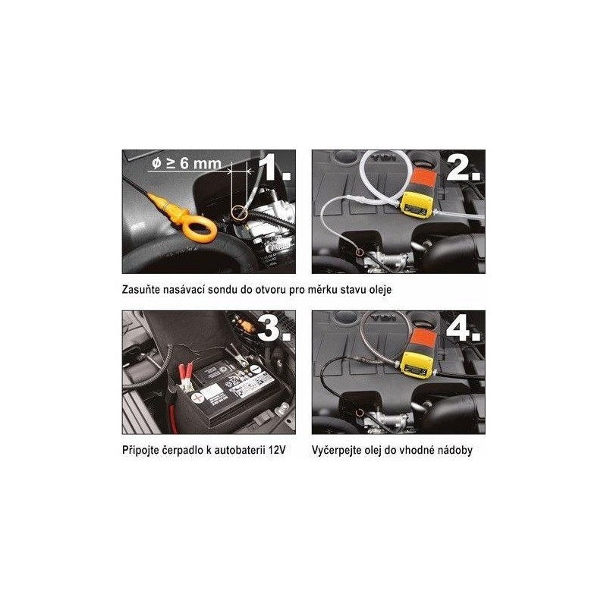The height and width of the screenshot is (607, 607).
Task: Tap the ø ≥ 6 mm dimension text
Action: [x=187, y=163]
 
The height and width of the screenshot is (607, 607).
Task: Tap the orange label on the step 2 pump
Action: [x=424, y=179]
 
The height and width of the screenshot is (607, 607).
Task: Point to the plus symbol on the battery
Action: [x=197, y=397]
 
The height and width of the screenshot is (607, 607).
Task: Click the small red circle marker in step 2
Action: [x=360, y=253]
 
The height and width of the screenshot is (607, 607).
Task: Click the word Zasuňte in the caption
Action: [x=141, y=290]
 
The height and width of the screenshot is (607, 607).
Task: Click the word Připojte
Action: [x=140, y=451]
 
